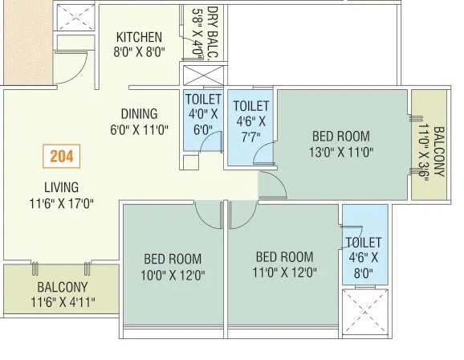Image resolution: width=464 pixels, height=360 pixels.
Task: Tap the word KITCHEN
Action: click(139, 37)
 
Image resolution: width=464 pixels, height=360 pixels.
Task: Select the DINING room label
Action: click(139, 113)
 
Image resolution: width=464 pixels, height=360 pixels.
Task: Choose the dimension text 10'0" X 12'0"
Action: click(173, 273)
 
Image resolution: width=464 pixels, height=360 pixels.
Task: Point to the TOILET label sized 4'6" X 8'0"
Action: click(364, 242)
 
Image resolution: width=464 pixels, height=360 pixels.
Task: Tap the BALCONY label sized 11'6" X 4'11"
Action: click(62, 286)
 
